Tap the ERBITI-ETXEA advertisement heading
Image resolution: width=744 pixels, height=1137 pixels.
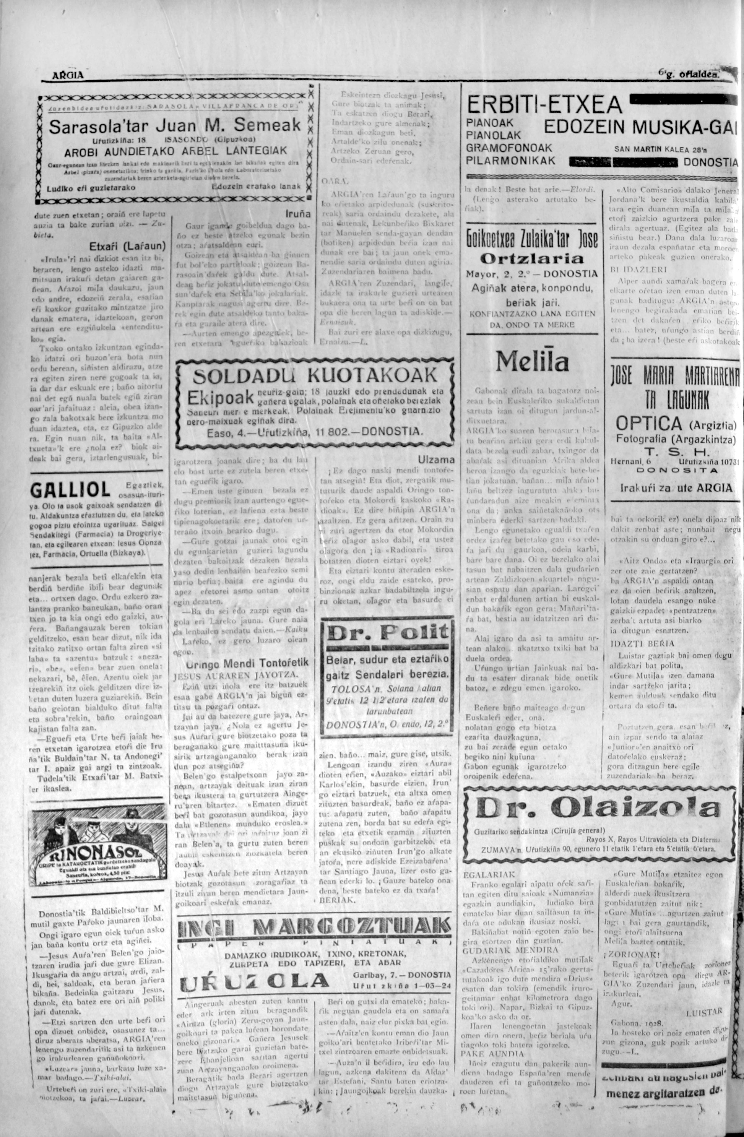point(544,104)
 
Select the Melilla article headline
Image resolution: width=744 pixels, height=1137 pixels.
point(532,362)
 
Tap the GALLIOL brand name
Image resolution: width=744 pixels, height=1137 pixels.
point(70,490)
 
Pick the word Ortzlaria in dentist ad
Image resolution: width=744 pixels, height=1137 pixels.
point(531,259)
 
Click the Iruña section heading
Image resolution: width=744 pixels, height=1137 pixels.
point(299,214)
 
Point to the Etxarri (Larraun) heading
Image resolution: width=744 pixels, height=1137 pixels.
point(127,247)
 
